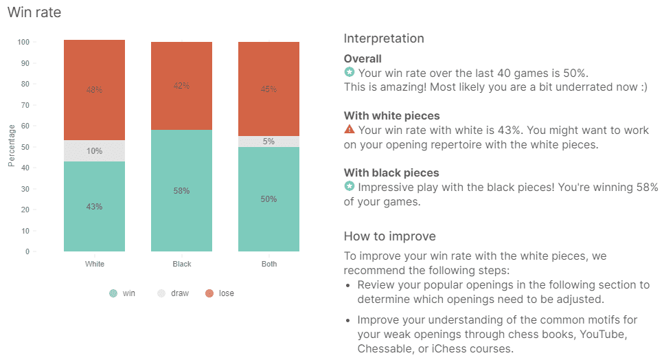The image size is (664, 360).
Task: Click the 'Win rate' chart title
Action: (34, 12)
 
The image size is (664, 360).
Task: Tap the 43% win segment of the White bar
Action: (95, 206)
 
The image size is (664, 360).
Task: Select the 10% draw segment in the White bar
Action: (95, 150)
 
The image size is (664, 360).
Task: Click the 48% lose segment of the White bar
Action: (95, 90)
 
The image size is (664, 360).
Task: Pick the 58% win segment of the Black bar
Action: (182, 190)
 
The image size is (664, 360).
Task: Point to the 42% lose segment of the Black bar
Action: (182, 86)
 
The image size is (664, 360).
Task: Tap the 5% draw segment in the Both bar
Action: (269, 142)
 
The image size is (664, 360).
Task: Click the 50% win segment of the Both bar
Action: (269, 199)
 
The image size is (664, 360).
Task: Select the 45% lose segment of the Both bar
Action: (269, 89)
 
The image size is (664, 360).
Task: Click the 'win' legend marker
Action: (113, 293)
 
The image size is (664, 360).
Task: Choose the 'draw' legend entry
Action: (173, 293)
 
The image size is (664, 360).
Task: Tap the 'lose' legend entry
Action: (220, 293)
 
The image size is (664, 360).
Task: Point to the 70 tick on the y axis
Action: (26, 105)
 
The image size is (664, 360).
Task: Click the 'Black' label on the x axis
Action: (182, 264)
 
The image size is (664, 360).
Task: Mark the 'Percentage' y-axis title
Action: (12, 146)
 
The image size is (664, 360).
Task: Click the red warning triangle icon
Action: (350, 129)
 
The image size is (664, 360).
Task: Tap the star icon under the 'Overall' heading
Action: (350, 72)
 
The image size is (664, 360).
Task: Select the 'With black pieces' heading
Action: (391, 173)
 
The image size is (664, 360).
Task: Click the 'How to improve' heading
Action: (389, 236)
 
